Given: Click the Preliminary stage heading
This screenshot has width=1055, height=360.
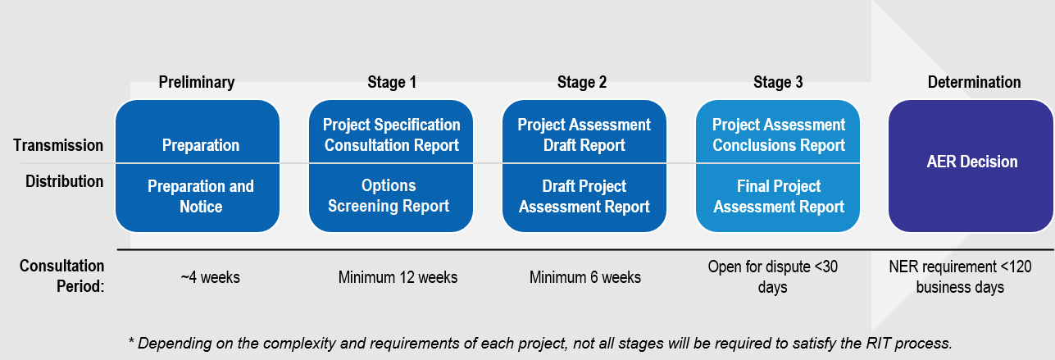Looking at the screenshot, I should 197,82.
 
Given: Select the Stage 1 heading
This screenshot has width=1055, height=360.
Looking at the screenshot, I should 392,82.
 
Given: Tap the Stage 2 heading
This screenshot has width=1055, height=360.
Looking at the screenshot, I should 582,82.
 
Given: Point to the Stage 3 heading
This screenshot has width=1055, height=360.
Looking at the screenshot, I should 778,82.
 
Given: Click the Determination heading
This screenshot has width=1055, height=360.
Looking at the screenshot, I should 974,82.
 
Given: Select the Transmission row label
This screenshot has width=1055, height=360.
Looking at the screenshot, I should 58,146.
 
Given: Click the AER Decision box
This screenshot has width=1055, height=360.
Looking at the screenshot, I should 971,162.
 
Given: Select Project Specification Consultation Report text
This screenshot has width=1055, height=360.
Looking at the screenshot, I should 391,135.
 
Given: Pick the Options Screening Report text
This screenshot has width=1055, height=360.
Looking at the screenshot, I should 389,196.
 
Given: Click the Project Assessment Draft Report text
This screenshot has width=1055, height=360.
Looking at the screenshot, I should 584,135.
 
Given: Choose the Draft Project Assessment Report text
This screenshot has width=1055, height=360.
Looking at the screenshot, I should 584,197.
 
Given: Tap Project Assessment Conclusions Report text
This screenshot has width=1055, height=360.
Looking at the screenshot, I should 778,135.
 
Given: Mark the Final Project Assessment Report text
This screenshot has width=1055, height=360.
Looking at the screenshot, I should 778,197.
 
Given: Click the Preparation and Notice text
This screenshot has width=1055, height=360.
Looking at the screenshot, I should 201,197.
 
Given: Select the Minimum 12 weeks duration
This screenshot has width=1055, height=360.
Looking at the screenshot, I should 398,277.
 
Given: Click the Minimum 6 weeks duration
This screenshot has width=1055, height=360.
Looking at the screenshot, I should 585,277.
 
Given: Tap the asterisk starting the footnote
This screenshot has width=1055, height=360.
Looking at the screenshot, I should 131,341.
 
